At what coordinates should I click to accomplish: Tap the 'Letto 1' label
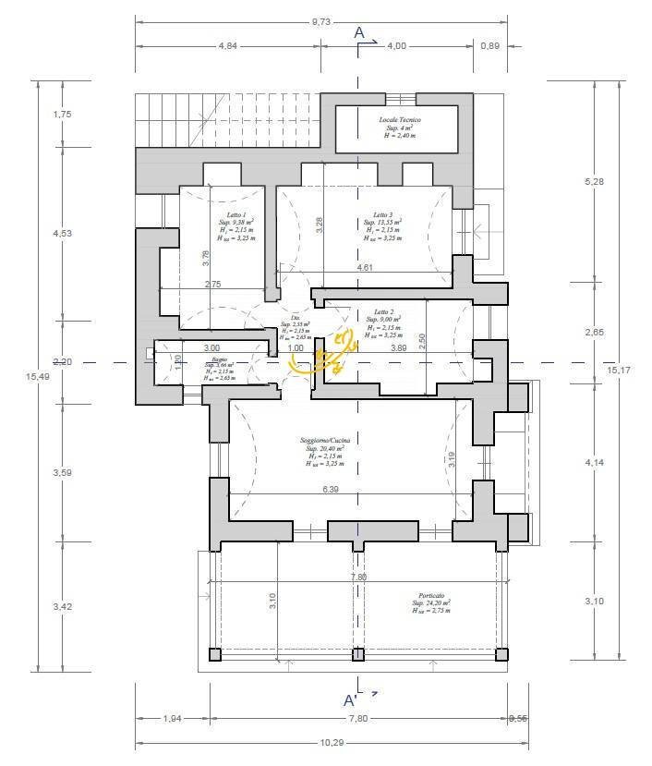pos(226,213)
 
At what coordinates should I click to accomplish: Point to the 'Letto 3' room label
pos(383,214)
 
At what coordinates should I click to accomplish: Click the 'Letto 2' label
pos(384,312)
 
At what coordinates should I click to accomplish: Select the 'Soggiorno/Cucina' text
pos(324,441)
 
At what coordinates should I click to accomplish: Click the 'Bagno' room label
pos(219,359)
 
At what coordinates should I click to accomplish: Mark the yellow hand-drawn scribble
pos(322,355)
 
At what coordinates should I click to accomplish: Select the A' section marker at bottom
pos(352,699)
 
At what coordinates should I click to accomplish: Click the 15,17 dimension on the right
pos(619,370)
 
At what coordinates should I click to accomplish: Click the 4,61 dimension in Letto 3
pos(366,267)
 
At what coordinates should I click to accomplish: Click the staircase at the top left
pos(181,119)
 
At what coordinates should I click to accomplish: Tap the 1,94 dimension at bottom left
pos(172,718)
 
